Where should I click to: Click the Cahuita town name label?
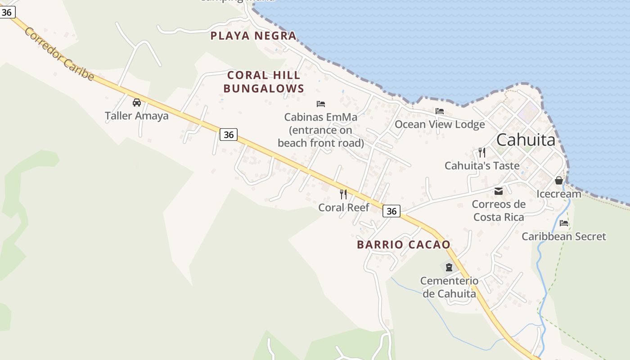[x=526, y=140]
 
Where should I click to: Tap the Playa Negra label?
[x=254, y=36]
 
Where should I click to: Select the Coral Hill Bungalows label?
[x=264, y=82]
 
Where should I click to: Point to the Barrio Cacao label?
[x=404, y=245]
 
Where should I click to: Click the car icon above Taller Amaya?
[x=137, y=103]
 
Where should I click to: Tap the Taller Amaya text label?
[x=137, y=116]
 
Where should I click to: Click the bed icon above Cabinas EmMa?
[x=321, y=104]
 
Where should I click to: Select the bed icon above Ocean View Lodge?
[x=440, y=111]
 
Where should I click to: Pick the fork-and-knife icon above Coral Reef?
[x=343, y=194]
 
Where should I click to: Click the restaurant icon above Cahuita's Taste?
[x=482, y=152]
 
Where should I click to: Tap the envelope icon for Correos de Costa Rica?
[x=499, y=191]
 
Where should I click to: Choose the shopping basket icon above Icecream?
[x=559, y=180]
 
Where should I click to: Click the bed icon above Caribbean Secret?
[x=564, y=223]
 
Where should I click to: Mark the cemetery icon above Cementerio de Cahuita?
[x=449, y=267]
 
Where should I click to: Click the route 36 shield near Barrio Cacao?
[x=391, y=211]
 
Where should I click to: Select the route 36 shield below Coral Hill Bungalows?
[x=229, y=134]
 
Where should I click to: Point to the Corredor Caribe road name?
[x=59, y=54]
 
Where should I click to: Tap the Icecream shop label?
[x=559, y=194]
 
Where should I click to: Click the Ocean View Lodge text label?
[x=440, y=124]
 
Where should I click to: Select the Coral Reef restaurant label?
[x=344, y=207]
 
